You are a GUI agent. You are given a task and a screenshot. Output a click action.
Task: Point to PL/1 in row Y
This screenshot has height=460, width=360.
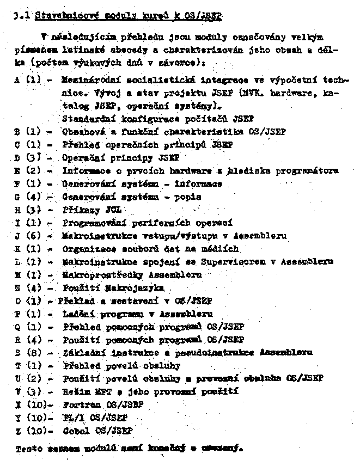[73, 418]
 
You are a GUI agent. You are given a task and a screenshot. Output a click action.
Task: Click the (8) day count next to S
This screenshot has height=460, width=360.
[34, 353]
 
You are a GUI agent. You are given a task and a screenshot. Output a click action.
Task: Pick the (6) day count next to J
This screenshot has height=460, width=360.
[34, 236]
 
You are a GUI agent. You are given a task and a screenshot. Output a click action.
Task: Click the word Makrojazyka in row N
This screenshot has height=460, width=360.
[133, 288]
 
